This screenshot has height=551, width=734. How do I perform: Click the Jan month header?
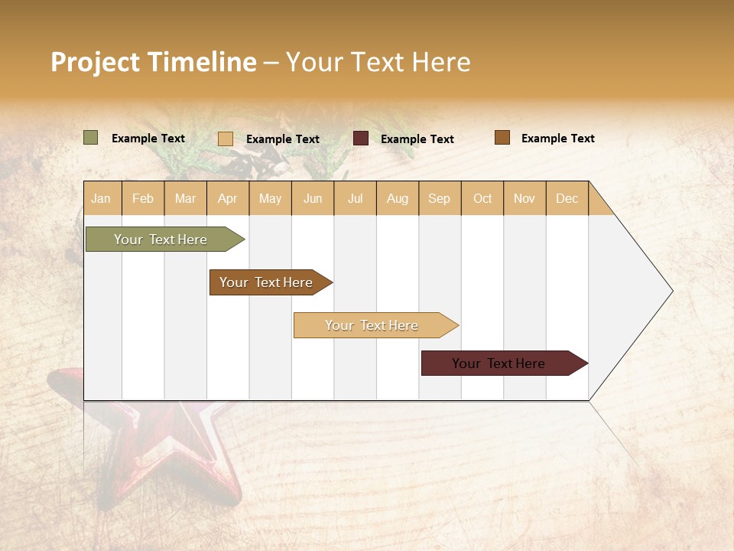(x=102, y=198)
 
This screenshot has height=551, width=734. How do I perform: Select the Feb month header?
(x=143, y=198)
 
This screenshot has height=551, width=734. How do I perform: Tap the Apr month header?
(x=228, y=198)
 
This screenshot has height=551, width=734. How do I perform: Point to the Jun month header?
(x=313, y=198)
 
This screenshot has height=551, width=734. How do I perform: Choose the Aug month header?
(x=398, y=198)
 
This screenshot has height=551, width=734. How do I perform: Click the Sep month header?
(x=440, y=198)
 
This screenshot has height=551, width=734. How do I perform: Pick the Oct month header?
(x=482, y=198)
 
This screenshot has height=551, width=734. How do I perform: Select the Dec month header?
(x=567, y=198)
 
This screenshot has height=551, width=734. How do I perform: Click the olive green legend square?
(x=91, y=138)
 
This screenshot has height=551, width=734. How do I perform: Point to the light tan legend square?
(x=226, y=139)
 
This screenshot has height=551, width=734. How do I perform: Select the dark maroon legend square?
(x=361, y=139)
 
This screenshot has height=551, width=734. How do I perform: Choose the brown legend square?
(x=502, y=138)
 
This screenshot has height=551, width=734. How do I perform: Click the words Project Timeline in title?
(x=154, y=62)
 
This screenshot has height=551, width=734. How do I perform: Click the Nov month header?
(x=525, y=198)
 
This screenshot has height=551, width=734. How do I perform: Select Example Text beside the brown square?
(x=558, y=139)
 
